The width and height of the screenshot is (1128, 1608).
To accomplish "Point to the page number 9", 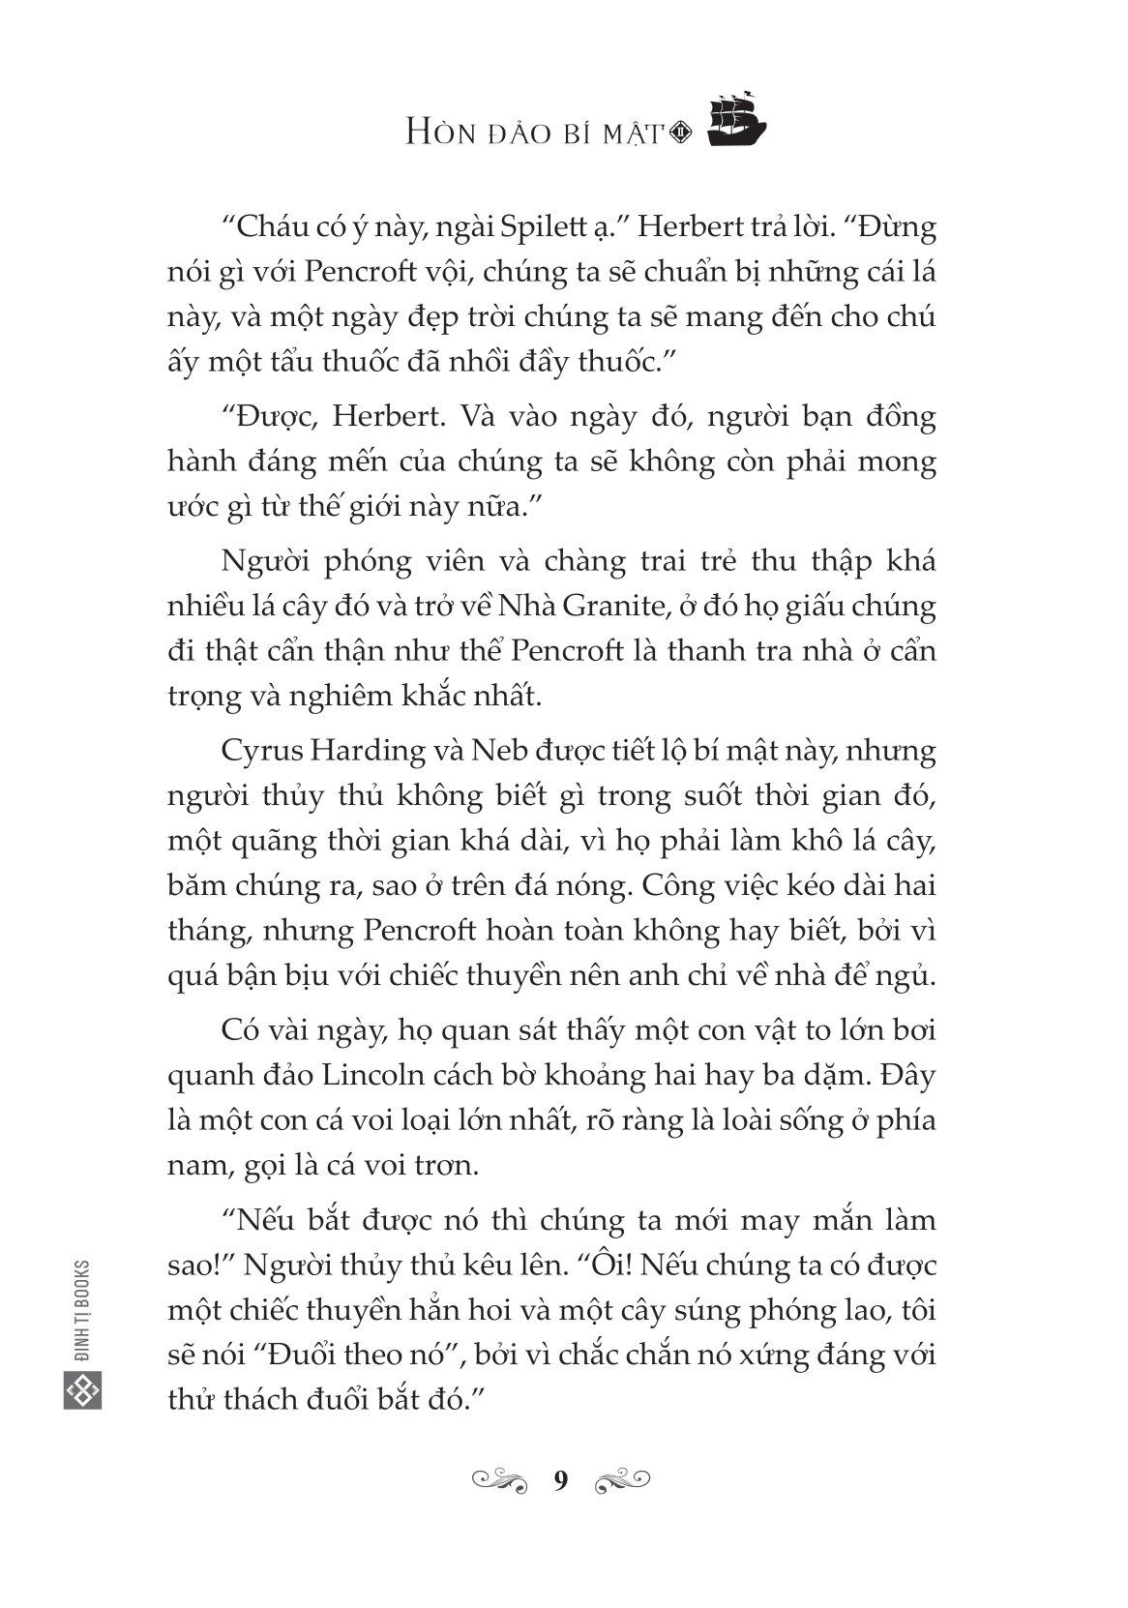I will (561, 1479).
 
